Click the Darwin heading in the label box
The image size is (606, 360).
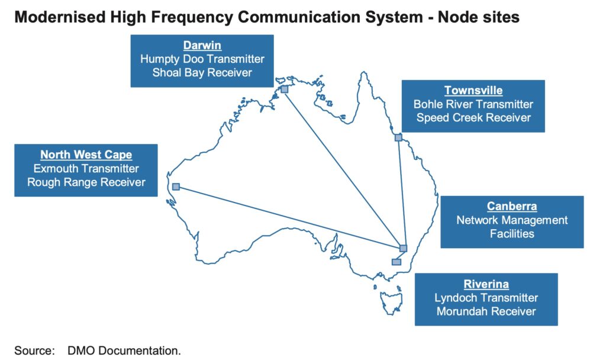(202, 46)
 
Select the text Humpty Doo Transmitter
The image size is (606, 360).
(202, 59)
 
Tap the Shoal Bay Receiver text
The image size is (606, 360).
(202, 73)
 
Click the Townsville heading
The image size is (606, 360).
(473, 91)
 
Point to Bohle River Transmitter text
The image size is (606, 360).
(473, 104)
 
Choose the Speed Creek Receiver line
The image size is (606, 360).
(473, 118)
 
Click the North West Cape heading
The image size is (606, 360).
(86, 155)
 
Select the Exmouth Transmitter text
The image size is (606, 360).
(86, 169)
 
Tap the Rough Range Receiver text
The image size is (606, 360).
(86, 182)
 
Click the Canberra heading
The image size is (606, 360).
(512, 207)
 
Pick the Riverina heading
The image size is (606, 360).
(486, 284)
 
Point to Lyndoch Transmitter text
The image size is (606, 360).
(486, 298)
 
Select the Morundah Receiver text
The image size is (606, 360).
(486, 311)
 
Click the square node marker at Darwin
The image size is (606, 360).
(284, 89)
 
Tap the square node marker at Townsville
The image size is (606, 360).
(398, 137)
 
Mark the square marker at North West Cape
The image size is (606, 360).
(176, 187)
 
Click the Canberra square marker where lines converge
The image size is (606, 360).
(403, 248)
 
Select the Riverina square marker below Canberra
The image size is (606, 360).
(396, 262)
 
